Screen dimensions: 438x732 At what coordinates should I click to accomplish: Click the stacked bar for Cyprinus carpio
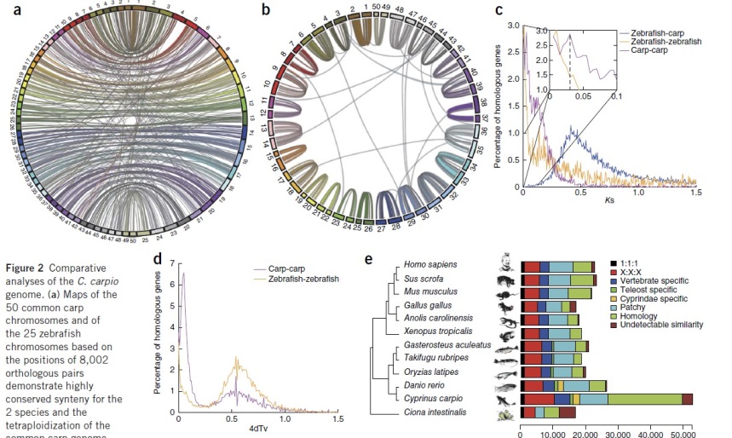click(x=606, y=399)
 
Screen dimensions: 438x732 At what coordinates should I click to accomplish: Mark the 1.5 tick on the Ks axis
click(x=695, y=193)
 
